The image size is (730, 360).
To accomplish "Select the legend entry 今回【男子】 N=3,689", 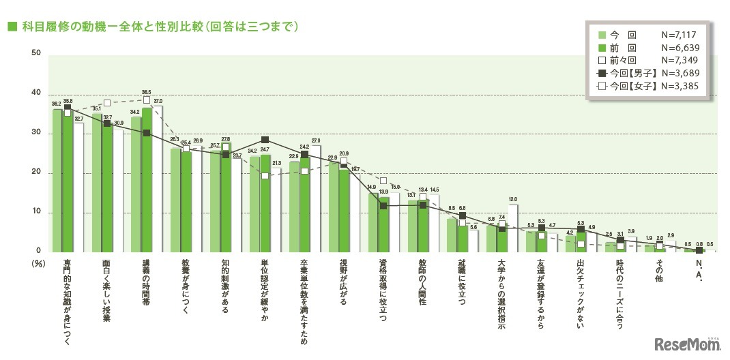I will (647, 73).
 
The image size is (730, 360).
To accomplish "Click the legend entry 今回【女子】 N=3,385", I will (647, 86).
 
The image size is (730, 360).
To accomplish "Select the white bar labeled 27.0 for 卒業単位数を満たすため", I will (315, 198).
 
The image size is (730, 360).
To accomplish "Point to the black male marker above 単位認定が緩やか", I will (265, 140).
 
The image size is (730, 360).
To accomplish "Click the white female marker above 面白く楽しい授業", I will (107, 103).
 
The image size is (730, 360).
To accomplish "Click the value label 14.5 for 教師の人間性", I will (434, 189).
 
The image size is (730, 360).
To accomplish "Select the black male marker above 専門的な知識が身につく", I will (68, 107).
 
